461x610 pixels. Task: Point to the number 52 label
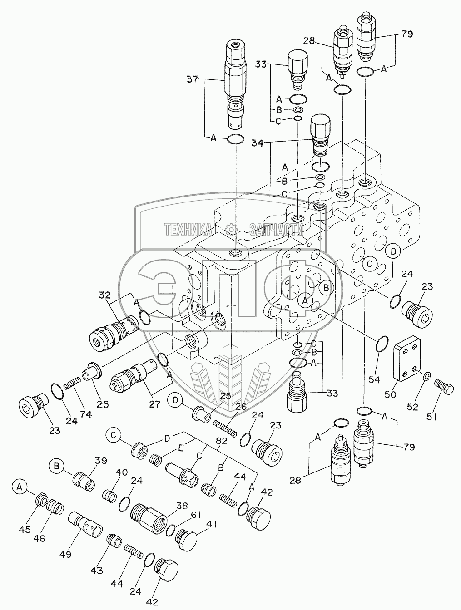(412, 407)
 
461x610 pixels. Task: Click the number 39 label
(100, 461)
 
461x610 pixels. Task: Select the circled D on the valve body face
(393, 250)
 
